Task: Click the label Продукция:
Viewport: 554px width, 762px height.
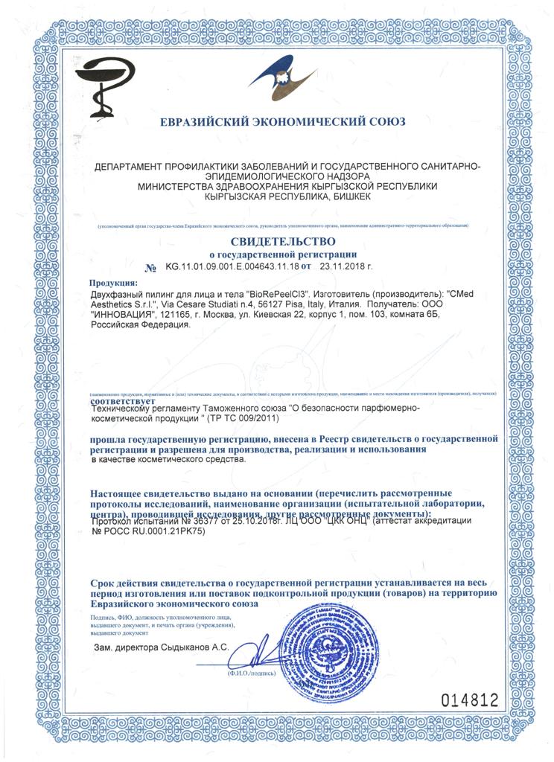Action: point(113,284)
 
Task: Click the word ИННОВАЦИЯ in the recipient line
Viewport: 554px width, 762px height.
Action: point(125,314)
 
